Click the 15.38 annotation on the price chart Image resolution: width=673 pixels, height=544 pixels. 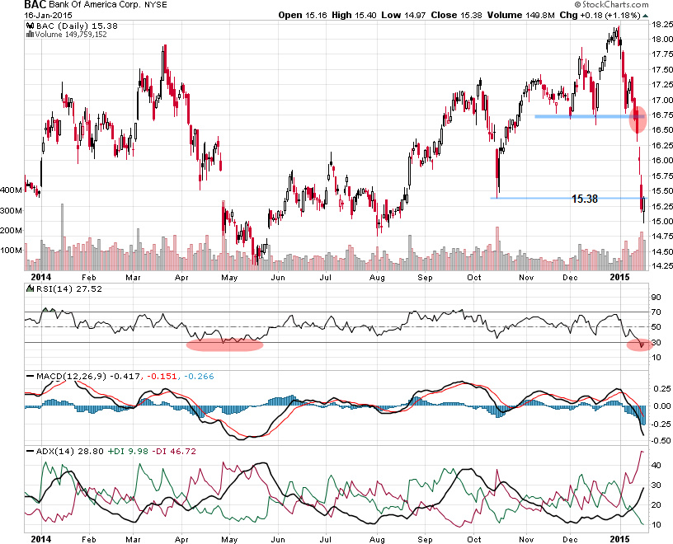(584, 199)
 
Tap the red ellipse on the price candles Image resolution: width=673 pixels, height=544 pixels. (638, 119)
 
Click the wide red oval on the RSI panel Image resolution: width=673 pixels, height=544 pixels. (224, 345)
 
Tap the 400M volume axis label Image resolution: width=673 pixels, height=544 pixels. (12, 190)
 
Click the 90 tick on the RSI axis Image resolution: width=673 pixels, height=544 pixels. (657, 297)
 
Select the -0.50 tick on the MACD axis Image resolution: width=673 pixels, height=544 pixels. (661, 440)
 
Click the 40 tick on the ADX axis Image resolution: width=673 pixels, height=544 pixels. (657, 465)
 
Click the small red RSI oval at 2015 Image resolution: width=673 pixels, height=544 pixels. (638, 345)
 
